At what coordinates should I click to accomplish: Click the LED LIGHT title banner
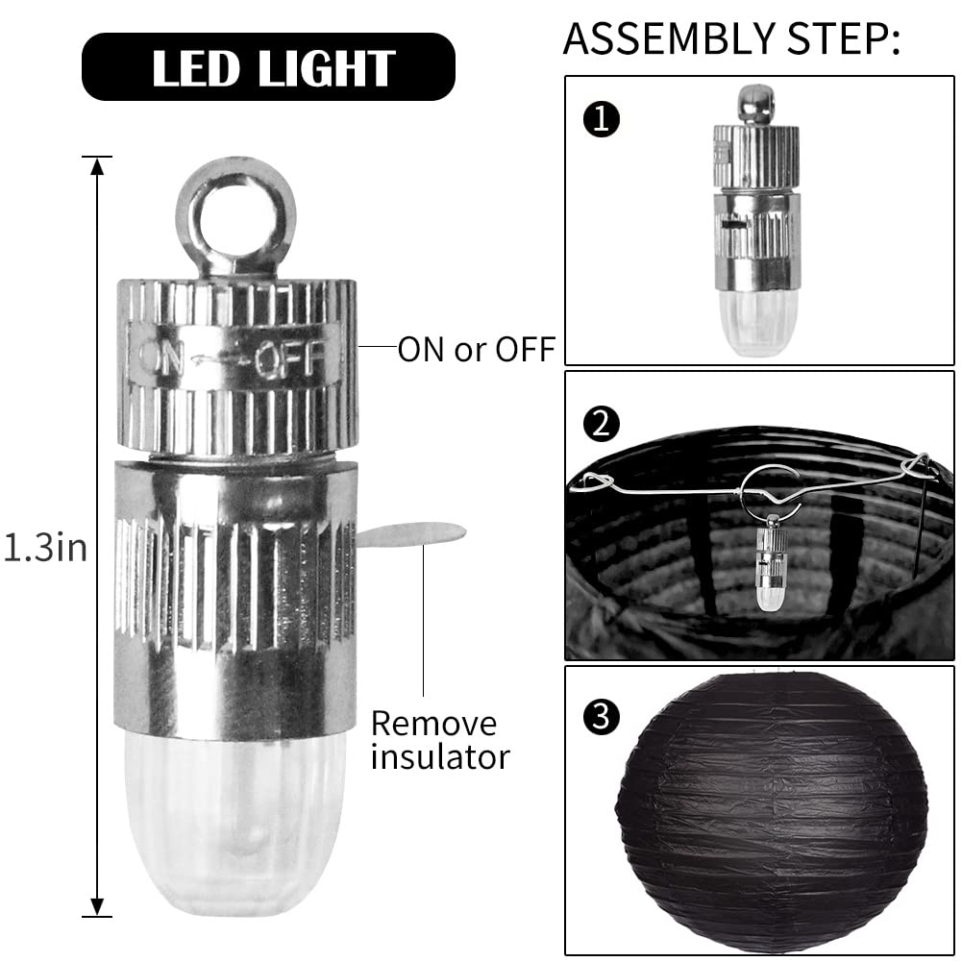click(268, 67)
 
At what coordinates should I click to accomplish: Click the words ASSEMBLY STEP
click(730, 38)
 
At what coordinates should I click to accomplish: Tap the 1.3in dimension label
click(45, 547)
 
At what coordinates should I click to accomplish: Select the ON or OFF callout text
click(476, 350)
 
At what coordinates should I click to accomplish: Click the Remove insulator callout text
click(440, 740)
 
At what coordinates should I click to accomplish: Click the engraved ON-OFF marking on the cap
click(234, 357)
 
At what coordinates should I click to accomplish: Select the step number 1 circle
click(602, 119)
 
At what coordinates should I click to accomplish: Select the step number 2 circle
click(602, 424)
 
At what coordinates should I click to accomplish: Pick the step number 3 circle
click(602, 716)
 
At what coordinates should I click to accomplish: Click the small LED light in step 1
click(755, 221)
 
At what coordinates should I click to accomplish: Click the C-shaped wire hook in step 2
click(771, 491)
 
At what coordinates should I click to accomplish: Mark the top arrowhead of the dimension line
click(97, 165)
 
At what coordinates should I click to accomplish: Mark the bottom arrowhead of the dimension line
click(97, 907)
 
